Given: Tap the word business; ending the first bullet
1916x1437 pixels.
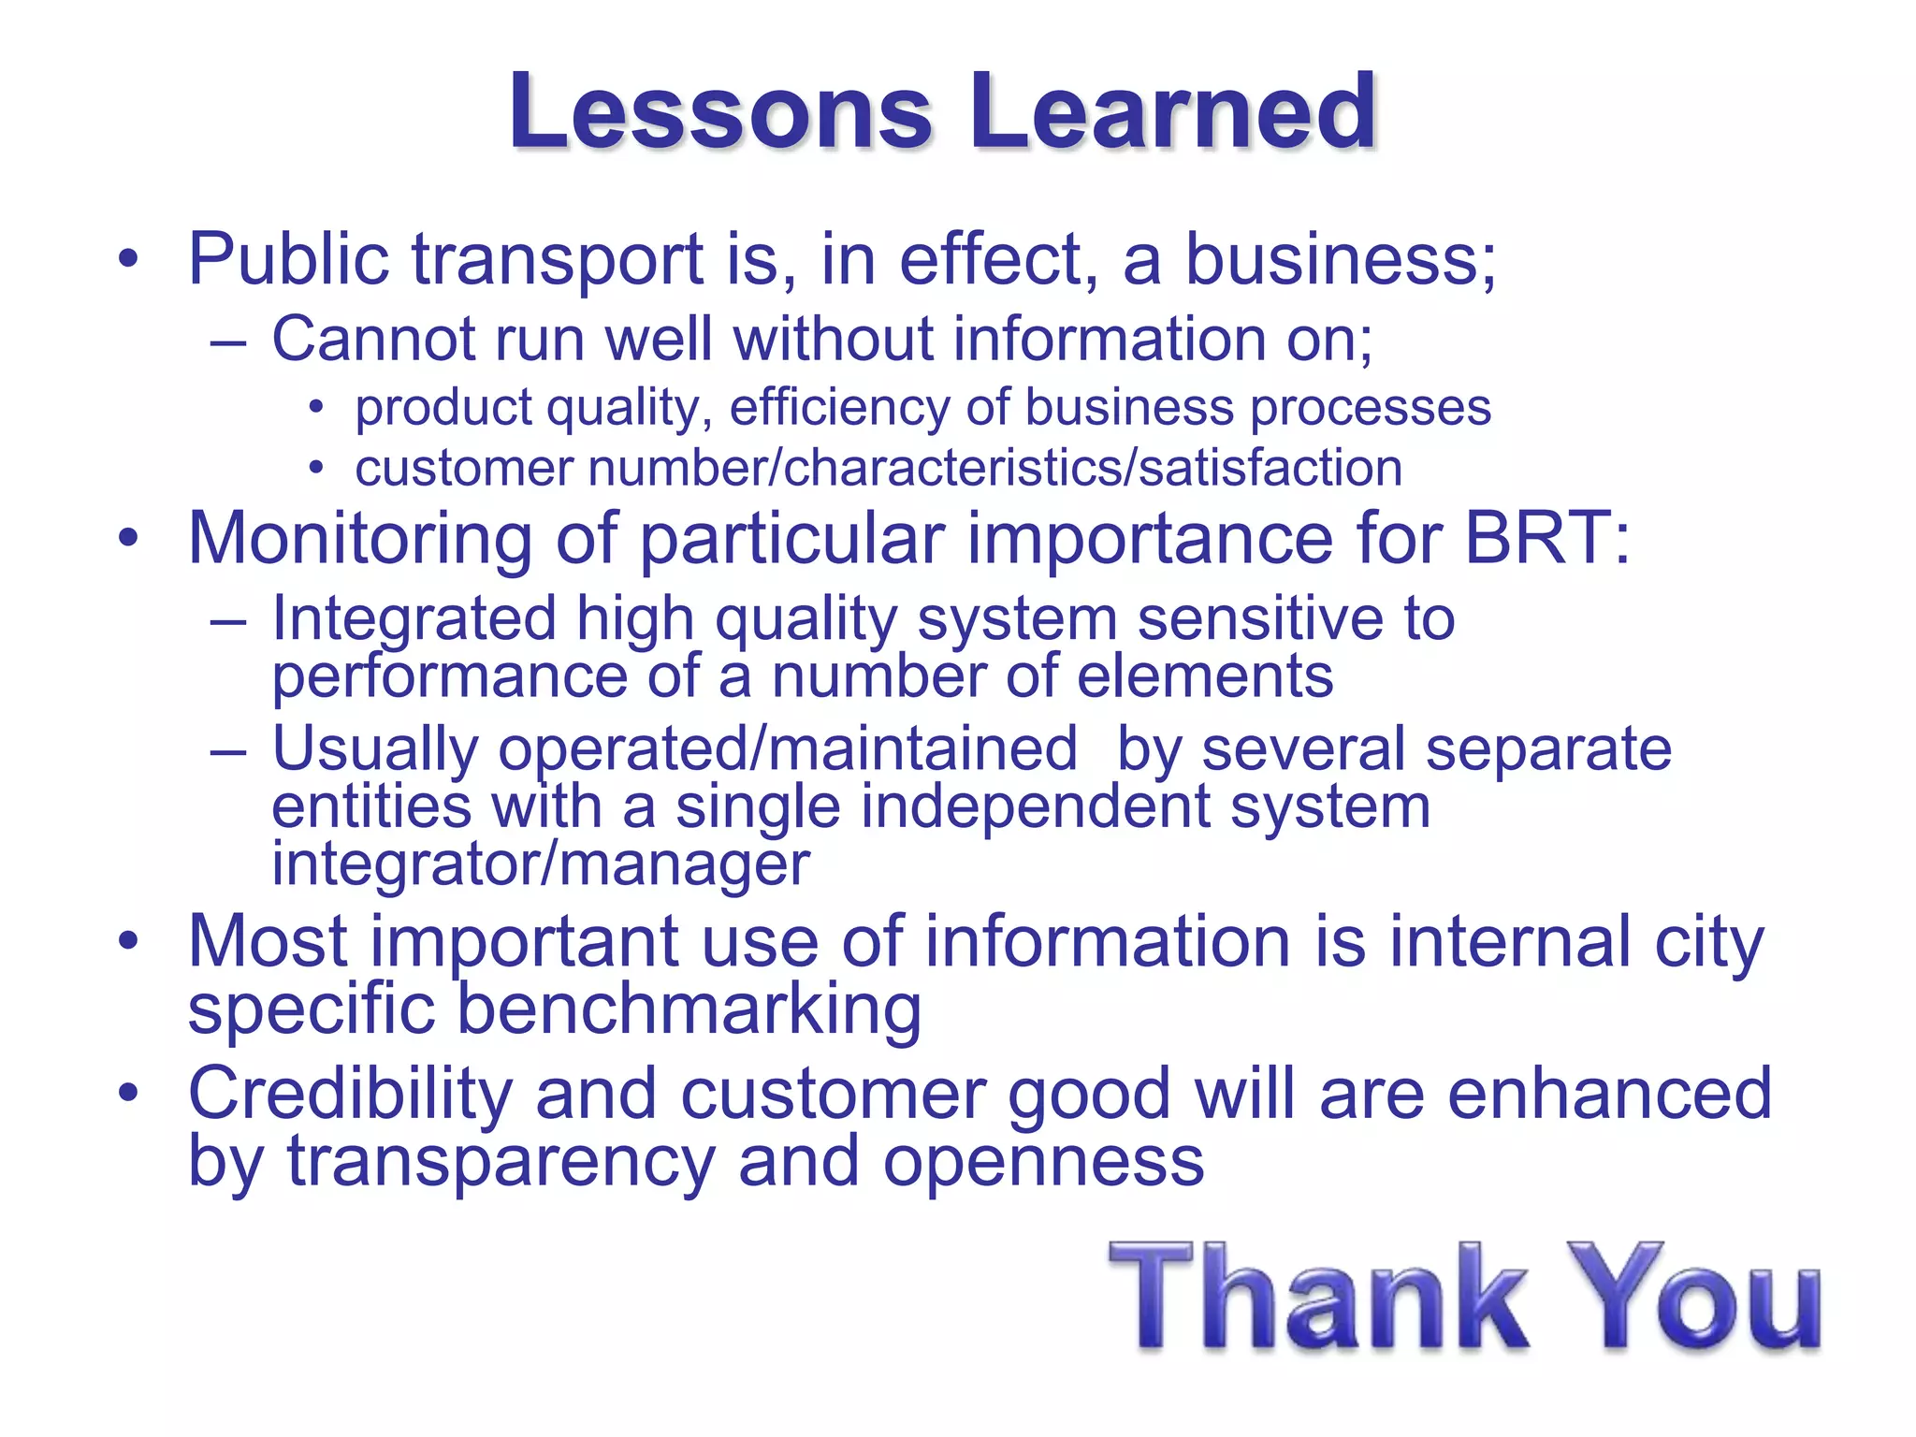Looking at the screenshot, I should (1341, 259).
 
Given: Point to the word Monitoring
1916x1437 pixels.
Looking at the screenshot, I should (360, 540).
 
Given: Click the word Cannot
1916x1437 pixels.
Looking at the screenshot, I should (372, 338).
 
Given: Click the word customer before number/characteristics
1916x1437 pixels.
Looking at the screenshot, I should (463, 468).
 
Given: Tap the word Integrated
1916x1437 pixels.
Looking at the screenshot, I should (414, 619).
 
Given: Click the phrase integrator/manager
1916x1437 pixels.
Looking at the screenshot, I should (540, 864).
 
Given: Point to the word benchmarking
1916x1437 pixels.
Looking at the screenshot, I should (689, 1009).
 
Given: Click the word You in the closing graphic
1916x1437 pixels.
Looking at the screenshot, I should (1693, 1299).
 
